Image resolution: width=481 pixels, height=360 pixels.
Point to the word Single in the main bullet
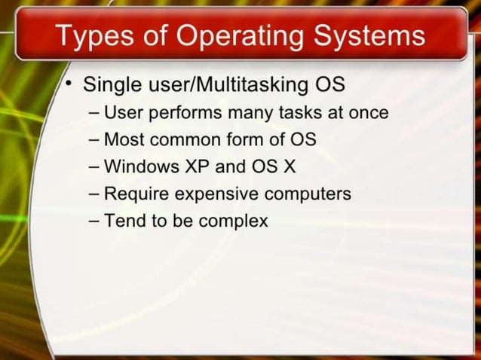(108, 84)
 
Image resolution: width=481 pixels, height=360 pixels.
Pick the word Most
(122, 140)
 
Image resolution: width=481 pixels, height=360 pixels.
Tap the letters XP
(195, 167)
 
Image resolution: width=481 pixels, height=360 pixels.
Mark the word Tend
(123, 221)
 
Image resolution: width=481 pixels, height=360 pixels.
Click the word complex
(234, 221)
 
